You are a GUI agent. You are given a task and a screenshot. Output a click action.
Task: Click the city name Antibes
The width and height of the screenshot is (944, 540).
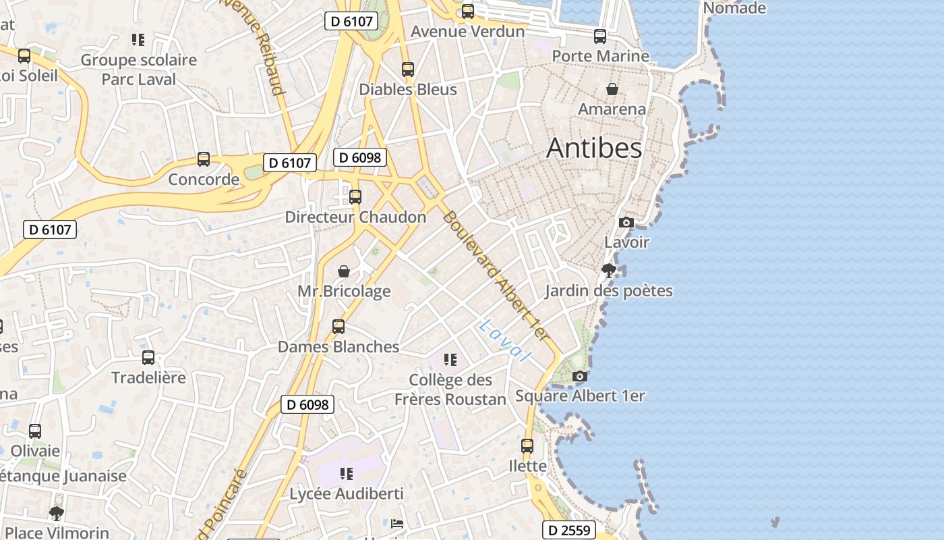(x=594, y=148)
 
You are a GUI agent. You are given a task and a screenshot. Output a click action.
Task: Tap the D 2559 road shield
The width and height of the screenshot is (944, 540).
(x=569, y=530)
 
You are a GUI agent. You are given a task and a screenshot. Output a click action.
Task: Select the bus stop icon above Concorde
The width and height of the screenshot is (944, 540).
(x=204, y=159)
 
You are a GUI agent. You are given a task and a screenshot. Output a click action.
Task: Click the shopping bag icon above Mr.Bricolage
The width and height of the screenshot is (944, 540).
(x=344, y=271)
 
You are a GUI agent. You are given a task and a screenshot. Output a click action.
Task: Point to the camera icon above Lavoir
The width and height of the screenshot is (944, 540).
(x=626, y=222)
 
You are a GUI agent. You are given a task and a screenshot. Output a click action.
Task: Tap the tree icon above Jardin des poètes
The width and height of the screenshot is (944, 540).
(x=609, y=271)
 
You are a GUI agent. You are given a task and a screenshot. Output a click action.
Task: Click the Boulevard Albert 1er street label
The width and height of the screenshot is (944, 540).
(x=496, y=277)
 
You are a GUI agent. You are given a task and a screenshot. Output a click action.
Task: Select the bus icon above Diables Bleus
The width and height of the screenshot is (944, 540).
(x=407, y=70)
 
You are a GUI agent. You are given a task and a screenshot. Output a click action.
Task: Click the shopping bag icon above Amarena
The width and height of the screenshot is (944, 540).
(x=612, y=89)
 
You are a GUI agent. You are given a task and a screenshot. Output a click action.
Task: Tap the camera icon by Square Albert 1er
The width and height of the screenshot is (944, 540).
(x=579, y=376)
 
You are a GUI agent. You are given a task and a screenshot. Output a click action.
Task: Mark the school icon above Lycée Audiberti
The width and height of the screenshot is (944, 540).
(x=347, y=474)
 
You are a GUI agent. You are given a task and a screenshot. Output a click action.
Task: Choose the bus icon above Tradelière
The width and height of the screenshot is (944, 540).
(x=148, y=358)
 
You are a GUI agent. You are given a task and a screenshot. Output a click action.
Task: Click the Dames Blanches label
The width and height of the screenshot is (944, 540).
(x=338, y=347)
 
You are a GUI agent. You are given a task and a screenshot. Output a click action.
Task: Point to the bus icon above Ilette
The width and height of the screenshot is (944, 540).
(x=527, y=446)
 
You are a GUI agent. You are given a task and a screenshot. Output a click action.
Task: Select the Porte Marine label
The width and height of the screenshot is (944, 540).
(x=600, y=55)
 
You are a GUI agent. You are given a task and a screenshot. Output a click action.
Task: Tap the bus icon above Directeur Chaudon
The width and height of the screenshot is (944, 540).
(x=355, y=197)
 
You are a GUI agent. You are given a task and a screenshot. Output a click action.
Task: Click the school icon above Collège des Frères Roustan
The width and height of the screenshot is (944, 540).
(x=450, y=360)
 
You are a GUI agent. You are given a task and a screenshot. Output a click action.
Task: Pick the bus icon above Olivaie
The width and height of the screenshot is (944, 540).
(x=35, y=431)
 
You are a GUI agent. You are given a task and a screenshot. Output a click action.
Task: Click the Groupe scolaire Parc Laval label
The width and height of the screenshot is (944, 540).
(x=139, y=70)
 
